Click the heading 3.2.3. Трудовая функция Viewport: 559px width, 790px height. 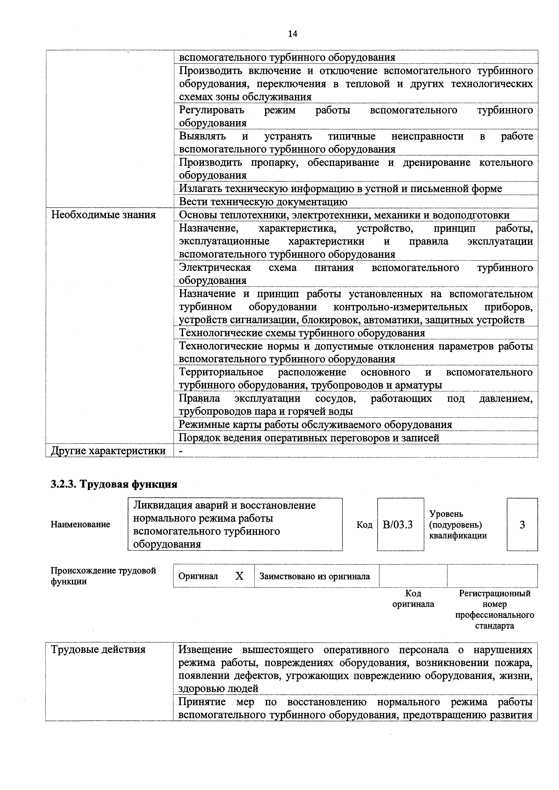tap(114, 484)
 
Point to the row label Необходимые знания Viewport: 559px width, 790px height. tap(103, 215)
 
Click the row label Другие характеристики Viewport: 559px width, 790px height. tap(108, 451)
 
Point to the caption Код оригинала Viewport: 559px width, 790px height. tap(413, 599)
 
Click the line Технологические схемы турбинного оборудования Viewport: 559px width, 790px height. tap(302, 333)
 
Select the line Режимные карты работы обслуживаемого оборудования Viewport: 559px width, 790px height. tap(315, 425)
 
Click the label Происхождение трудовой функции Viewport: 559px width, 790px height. tap(103, 576)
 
